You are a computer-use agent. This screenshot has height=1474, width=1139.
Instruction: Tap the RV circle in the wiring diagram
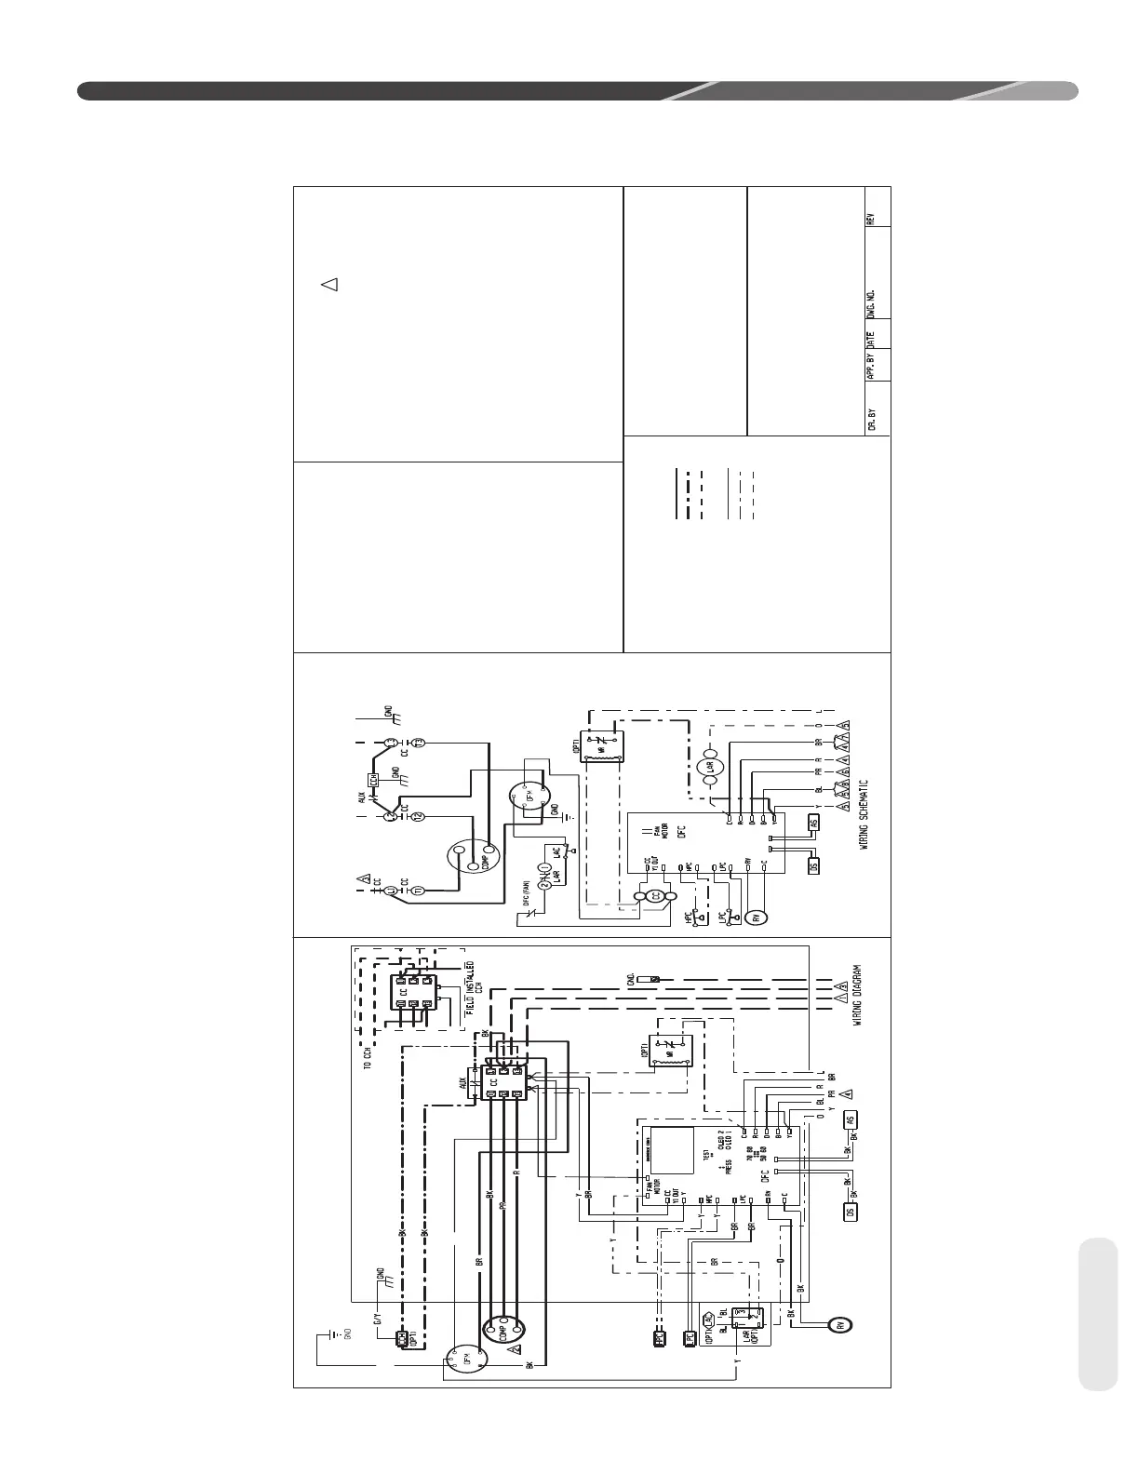pyautogui.click(x=841, y=1325)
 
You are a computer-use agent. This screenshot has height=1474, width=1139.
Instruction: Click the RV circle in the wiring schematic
pyautogui.click(x=756, y=917)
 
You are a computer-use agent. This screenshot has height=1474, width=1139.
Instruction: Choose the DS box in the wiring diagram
pyautogui.click(x=849, y=1212)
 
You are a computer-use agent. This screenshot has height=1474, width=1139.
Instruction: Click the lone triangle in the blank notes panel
pyautogui.click(x=328, y=285)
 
